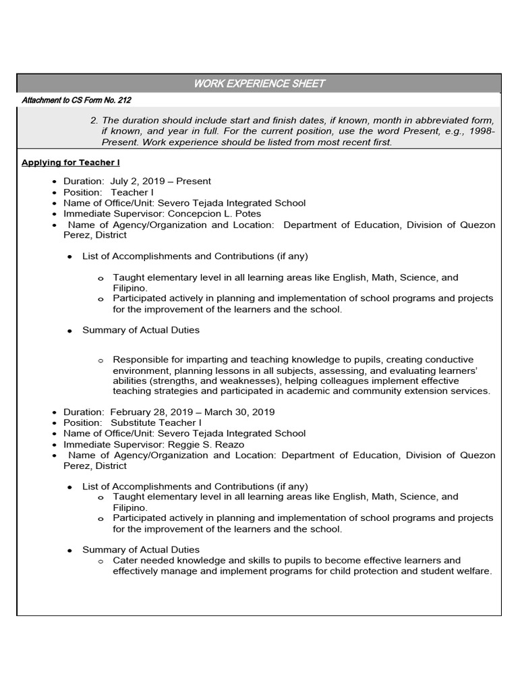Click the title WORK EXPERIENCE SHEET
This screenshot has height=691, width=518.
[x=259, y=84]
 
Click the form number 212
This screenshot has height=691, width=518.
[x=123, y=101]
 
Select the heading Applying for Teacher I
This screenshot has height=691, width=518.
[x=71, y=163]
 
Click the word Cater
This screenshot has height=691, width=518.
[x=125, y=561]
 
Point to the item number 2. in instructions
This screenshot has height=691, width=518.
[x=94, y=120]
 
